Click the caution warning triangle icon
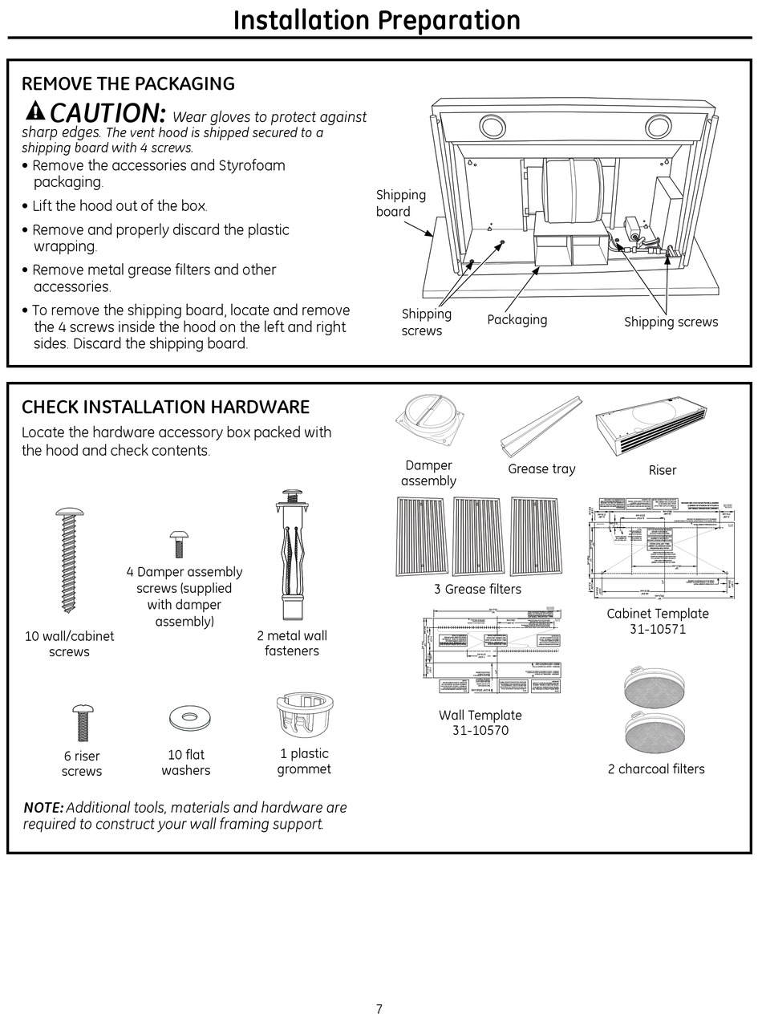click(x=35, y=111)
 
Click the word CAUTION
click(x=108, y=112)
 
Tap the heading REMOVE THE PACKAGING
click(x=128, y=83)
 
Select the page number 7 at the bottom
click(x=379, y=1009)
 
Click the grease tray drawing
click(x=541, y=425)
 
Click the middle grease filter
click(x=478, y=537)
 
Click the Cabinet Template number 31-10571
click(x=658, y=629)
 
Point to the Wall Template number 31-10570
click(x=480, y=730)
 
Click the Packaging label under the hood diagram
click(x=517, y=319)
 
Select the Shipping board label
click(x=400, y=203)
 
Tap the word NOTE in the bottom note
click(x=43, y=807)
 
